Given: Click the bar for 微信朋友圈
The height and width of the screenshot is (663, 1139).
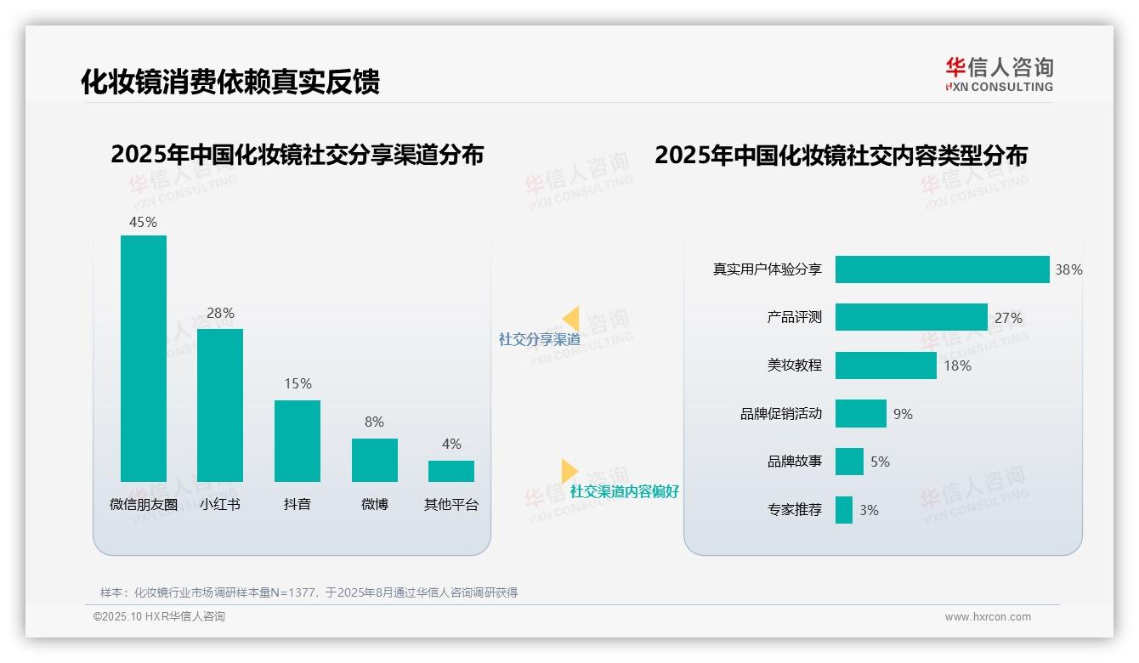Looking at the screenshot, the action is pos(143,358).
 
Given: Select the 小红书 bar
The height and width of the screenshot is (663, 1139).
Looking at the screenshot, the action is pos(220,405).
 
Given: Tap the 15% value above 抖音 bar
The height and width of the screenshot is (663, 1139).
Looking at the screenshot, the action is pos(297,383).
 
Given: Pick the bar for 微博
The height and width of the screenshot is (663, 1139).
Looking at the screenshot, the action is pos(374,460).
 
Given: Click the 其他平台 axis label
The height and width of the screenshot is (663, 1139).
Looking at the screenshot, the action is pos(451,504).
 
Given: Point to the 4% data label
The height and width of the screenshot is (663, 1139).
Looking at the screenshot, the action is pos(451,444).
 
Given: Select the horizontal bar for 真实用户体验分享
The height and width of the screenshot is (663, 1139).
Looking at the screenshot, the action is pos(942,269).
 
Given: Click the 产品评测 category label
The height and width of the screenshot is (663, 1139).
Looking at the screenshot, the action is pos(794,317).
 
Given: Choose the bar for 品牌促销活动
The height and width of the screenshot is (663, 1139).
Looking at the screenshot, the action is pos(860,414).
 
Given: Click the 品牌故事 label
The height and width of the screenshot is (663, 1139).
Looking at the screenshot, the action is pos(794,462).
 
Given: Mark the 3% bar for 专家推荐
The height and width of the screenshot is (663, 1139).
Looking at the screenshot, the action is pos(843,510).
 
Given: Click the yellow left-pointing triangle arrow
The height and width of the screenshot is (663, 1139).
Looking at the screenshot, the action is pos(570,319).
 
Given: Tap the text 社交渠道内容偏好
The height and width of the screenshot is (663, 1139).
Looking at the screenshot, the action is pos(624,491).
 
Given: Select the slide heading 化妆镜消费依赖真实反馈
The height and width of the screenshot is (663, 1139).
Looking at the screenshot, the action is pos(229,81).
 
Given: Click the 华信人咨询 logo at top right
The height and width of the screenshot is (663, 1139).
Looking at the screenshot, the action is pos(999,74).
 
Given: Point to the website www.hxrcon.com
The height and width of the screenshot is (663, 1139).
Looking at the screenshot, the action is pos(987,617).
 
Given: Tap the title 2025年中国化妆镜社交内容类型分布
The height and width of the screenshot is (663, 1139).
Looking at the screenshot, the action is pos(841,155).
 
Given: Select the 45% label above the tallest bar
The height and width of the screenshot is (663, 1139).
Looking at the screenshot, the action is pos(143,222).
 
